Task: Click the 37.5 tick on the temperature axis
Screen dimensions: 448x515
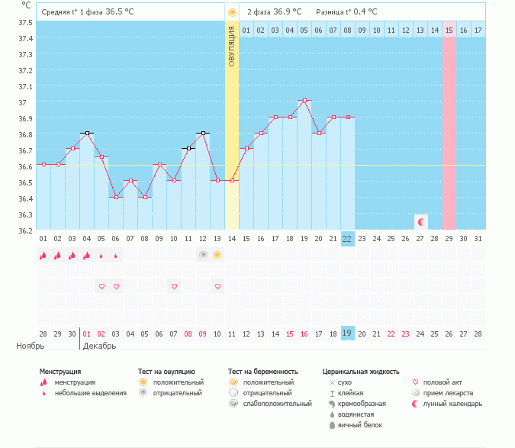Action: click(25, 21)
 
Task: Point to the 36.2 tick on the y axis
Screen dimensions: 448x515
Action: click(25, 230)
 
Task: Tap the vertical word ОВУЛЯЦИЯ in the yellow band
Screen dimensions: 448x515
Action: click(232, 46)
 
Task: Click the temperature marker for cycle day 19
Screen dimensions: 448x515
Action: click(304, 101)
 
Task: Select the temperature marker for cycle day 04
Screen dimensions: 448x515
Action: click(87, 133)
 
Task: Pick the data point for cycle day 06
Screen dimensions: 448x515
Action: click(116, 197)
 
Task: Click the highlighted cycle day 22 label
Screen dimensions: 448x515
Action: click(347, 239)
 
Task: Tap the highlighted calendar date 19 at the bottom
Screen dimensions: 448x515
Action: click(347, 334)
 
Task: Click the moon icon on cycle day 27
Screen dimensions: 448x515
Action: click(420, 221)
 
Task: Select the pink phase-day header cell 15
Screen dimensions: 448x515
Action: click(449, 30)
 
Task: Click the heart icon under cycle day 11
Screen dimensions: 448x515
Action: click(217, 286)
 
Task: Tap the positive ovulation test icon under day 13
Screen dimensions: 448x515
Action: click(217, 255)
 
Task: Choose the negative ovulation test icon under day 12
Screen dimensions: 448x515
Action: click(203, 255)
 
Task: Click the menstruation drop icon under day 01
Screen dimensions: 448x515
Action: click(43, 256)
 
